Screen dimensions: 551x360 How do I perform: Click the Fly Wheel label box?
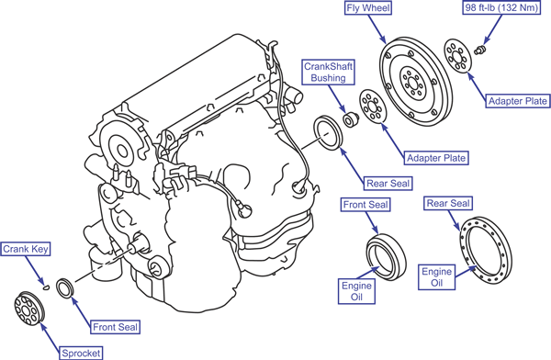pyautogui.click(x=368, y=8)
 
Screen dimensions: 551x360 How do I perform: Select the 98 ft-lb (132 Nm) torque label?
pyautogui.click(x=501, y=7)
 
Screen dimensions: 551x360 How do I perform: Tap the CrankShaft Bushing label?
pyautogui.click(x=328, y=72)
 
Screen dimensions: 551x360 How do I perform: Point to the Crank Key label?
pyautogui.click(x=26, y=249)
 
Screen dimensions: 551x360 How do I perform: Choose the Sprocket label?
pyautogui.click(x=81, y=353)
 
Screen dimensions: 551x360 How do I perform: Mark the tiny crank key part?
pyautogui.click(x=46, y=287)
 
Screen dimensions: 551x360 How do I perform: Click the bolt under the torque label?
pyautogui.click(x=479, y=50)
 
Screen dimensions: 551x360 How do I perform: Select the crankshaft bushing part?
pyautogui.click(x=350, y=120)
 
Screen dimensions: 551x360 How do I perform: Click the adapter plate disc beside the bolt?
pyautogui.click(x=457, y=56)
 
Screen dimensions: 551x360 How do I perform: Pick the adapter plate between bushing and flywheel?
pyautogui.click(x=373, y=107)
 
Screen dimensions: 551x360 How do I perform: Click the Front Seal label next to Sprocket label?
pyautogui.click(x=115, y=327)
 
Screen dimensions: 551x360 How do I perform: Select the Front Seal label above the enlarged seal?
pyautogui.click(x=365, y=205)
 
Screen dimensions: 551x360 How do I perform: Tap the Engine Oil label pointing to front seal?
pyautogui.click(x=356, y=291)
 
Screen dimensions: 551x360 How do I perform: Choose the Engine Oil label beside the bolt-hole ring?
pyautogui.click(x=437, y=277)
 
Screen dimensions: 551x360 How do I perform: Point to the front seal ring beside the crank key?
pyautogui.click(x=65, y=288)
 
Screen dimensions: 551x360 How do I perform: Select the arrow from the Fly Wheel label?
pyautogui.click(x=377, y=29)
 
